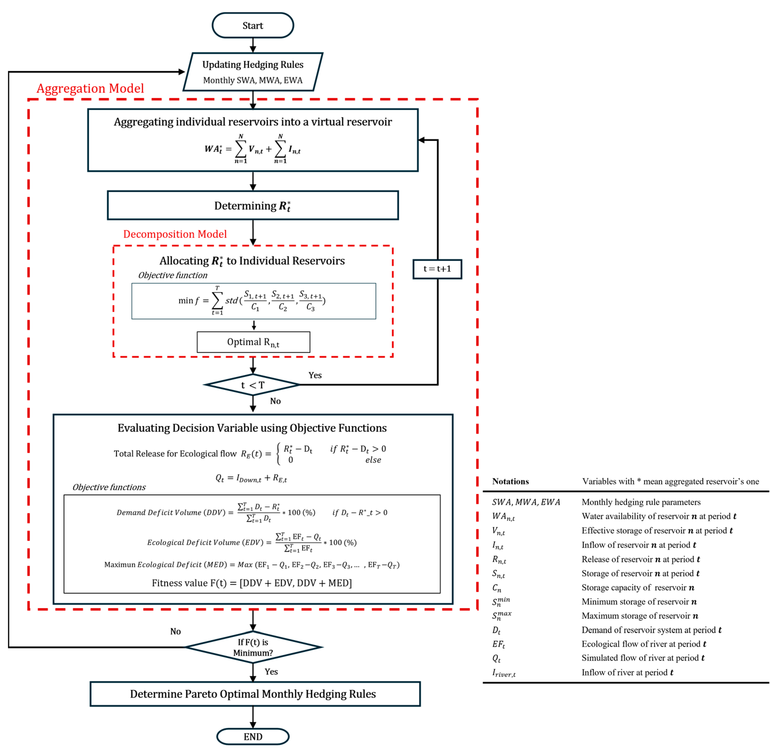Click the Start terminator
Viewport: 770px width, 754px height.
click(253, 25)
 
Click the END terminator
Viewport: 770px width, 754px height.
click(253, 737)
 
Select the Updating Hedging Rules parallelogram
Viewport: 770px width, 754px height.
click(253, 72)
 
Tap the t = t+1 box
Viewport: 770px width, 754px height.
click(437, 269)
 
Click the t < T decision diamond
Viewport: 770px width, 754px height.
click(253, 384)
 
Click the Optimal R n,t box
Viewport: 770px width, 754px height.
click(254, 342)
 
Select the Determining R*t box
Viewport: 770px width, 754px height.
click(253, 205)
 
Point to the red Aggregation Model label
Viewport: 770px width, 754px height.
click(90, 88)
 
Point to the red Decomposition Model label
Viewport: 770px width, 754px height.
click(175, 234)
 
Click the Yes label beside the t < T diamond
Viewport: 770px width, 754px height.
click(315, 375)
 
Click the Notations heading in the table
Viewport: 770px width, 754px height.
click(510, 482)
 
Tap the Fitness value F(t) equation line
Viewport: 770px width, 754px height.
click(252, 583)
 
